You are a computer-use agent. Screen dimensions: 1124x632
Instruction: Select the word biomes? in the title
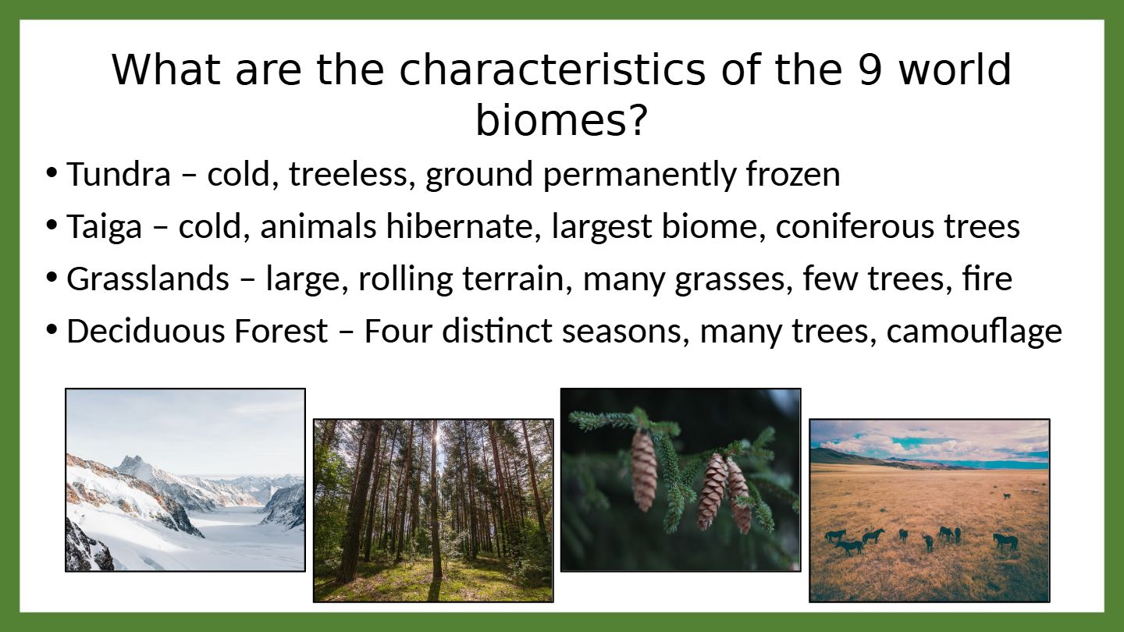pyautogui.click(x=561, y=120)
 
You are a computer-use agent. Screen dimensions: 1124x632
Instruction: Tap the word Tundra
pyautogui.click(x=119, y=174)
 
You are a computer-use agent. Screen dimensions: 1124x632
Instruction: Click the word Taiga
pyautogui.click(x=105, y=228)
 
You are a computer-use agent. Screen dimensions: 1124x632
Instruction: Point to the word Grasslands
pyautogui.click(x=148, y=279)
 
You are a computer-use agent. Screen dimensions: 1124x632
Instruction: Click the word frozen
pyautogui.click(x=793, y=174)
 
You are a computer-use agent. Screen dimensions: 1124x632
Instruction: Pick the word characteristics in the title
pyautogui.click(x=552, y=69)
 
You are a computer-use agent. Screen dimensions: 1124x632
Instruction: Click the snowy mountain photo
pyautogui.click(x=185, y=480)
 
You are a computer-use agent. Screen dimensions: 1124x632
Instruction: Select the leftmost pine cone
pyautogui.click(x=644, y=470)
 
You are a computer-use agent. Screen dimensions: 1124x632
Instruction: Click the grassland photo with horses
pyautogui.click(x=930, y=510)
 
